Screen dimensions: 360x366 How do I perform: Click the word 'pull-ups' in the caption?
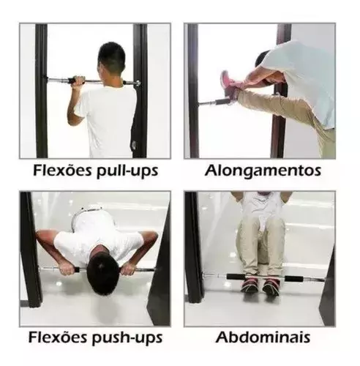click(127, 171)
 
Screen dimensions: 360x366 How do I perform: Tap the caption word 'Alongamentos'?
click(263, 171)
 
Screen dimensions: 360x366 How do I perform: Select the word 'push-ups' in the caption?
click(127, 338)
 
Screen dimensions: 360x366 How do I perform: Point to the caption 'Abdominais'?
click(263, 337)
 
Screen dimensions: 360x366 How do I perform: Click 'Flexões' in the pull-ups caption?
click(63, 170)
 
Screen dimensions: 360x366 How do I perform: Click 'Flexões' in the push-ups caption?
click(59, 337)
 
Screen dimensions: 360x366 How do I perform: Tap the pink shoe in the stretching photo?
click(228, 85)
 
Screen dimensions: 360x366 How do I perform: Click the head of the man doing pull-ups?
click(112, 59)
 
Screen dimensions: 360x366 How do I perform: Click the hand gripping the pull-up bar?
click(79, 81)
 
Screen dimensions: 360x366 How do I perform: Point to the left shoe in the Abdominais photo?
click(250, 285)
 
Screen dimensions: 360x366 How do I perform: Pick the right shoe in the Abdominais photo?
click(271, 287)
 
